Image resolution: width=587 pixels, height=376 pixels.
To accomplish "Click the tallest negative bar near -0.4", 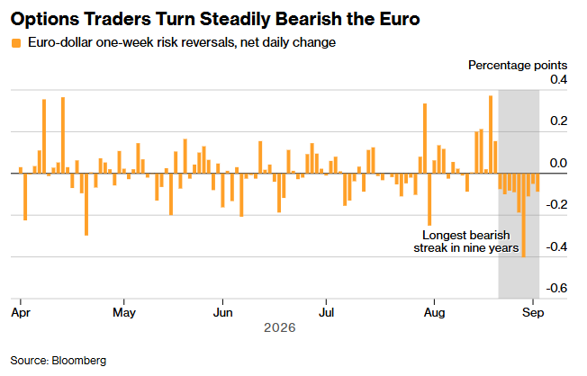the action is click(x=523, y=215).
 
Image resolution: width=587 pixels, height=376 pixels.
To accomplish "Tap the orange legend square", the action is click(x=16, y=43).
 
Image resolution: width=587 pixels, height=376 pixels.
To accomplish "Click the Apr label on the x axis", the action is click(x=21, y=312).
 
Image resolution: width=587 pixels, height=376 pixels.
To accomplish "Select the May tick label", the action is click(x=124, y=312).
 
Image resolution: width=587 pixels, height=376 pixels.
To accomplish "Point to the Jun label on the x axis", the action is click(x=222, y=312).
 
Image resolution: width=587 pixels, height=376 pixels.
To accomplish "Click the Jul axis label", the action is click(x=326, y=312).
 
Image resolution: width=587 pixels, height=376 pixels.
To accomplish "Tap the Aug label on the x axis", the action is click(x=434, y=312).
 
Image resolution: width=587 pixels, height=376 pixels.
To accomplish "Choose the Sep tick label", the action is click(x=533, y=312).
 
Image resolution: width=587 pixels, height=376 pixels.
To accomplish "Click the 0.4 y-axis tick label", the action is click(x=558, y=79).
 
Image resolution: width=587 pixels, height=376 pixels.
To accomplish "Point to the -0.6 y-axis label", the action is click(x=556, y=288).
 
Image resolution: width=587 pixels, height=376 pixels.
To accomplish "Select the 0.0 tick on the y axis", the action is click(x=558, y=163).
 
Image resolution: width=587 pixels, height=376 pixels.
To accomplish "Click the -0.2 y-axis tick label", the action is click(x=556, y=204).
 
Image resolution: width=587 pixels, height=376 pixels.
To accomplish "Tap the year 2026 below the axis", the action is click(x=280, y=327).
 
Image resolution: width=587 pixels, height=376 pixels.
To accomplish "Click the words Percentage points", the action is click(x=518, y=65).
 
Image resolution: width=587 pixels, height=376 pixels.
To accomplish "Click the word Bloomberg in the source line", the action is click(x=79, y=361).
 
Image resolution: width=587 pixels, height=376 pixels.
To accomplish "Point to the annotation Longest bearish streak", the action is click(x=466, y=241).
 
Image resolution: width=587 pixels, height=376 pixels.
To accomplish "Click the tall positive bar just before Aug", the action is click(x=425, y=139).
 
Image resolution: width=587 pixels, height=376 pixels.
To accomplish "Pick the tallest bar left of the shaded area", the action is click(x=491, y=135).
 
